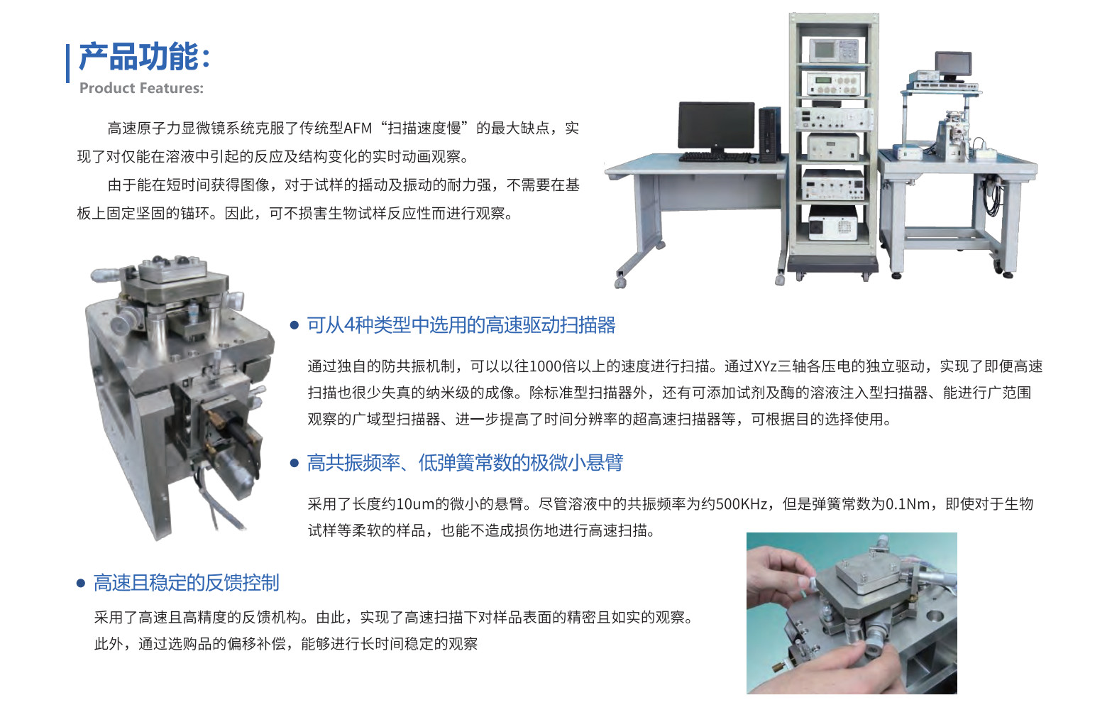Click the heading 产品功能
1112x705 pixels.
click(139, 57)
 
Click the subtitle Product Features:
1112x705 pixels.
click(141, 88)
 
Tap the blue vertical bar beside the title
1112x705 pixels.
click(67, 64)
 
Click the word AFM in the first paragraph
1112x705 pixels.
click(358, 129)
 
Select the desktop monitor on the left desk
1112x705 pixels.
click(716, 126)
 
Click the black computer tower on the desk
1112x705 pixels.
click(769, 135)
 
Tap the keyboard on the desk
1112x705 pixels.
click(715, 157)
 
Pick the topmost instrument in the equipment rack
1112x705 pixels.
click(835, 50)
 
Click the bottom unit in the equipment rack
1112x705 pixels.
click(833, 224)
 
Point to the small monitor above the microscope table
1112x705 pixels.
click(953, 65)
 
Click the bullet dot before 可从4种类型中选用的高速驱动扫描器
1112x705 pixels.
click(294, 325)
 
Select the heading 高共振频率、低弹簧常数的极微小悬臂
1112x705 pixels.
click(465, 463)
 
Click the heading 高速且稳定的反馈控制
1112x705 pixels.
click(186, 582)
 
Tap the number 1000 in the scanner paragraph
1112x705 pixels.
click(545, 366)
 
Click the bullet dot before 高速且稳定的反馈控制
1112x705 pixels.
click(81, 583)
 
